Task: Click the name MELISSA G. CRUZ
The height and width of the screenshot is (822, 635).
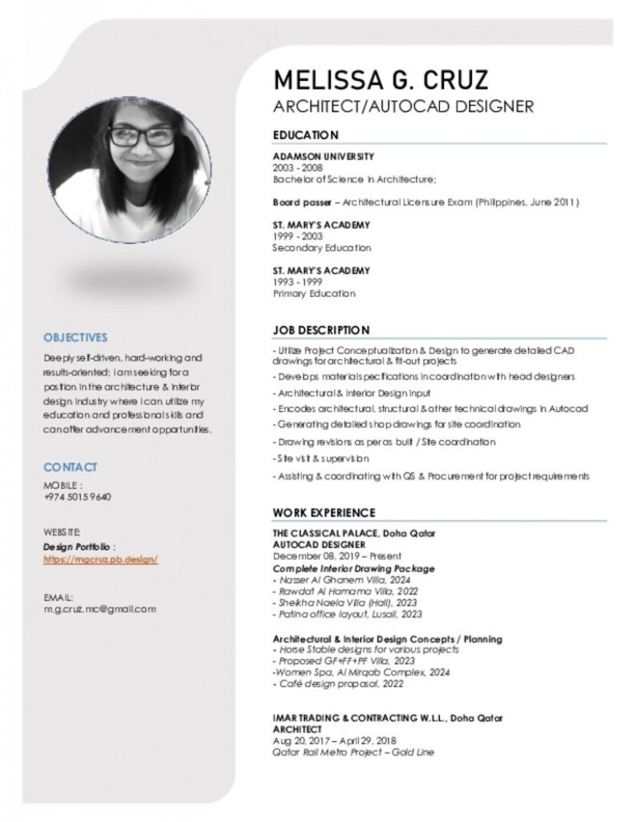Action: [x=380, y=80]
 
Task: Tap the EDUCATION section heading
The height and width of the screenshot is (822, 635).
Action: [x=306, y=135]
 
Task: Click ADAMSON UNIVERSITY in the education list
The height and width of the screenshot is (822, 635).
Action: [x=323, y=156]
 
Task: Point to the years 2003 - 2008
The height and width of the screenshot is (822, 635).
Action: [x=295, y=167]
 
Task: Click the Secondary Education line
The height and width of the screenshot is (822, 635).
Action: [x=322, y=247]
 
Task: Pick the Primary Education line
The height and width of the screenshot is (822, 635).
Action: [x=314, y=294]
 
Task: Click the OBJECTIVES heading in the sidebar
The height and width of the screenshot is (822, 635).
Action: [x=75, y=337]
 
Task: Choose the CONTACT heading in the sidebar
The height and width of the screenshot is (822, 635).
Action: [x=70, y=467]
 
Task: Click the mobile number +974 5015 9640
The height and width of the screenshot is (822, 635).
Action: [x=77, y=497]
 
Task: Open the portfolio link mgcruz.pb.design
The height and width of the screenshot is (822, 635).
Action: [x=100, y=559]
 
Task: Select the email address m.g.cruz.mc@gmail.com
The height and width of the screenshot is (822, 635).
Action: [x=99, y=609]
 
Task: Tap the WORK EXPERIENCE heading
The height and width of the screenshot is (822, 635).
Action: [x=324, y=513]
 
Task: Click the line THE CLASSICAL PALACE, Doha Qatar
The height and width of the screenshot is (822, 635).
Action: [x=354, y=534]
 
